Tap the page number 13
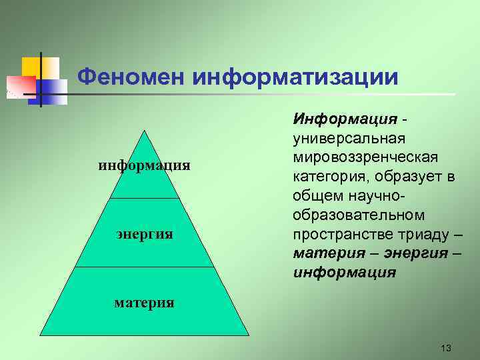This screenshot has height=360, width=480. [x=446, y=349]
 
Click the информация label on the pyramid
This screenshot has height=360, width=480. [x=145, y=164]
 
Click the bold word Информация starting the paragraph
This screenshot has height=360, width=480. [x=345, y=119]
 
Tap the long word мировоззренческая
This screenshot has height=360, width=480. [x=365, y=157]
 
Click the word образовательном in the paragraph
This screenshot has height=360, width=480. [x=358, y=215]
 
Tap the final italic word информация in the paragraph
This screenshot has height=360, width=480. [x=344, y=273]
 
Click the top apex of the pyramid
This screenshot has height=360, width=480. [x=145, y=130]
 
